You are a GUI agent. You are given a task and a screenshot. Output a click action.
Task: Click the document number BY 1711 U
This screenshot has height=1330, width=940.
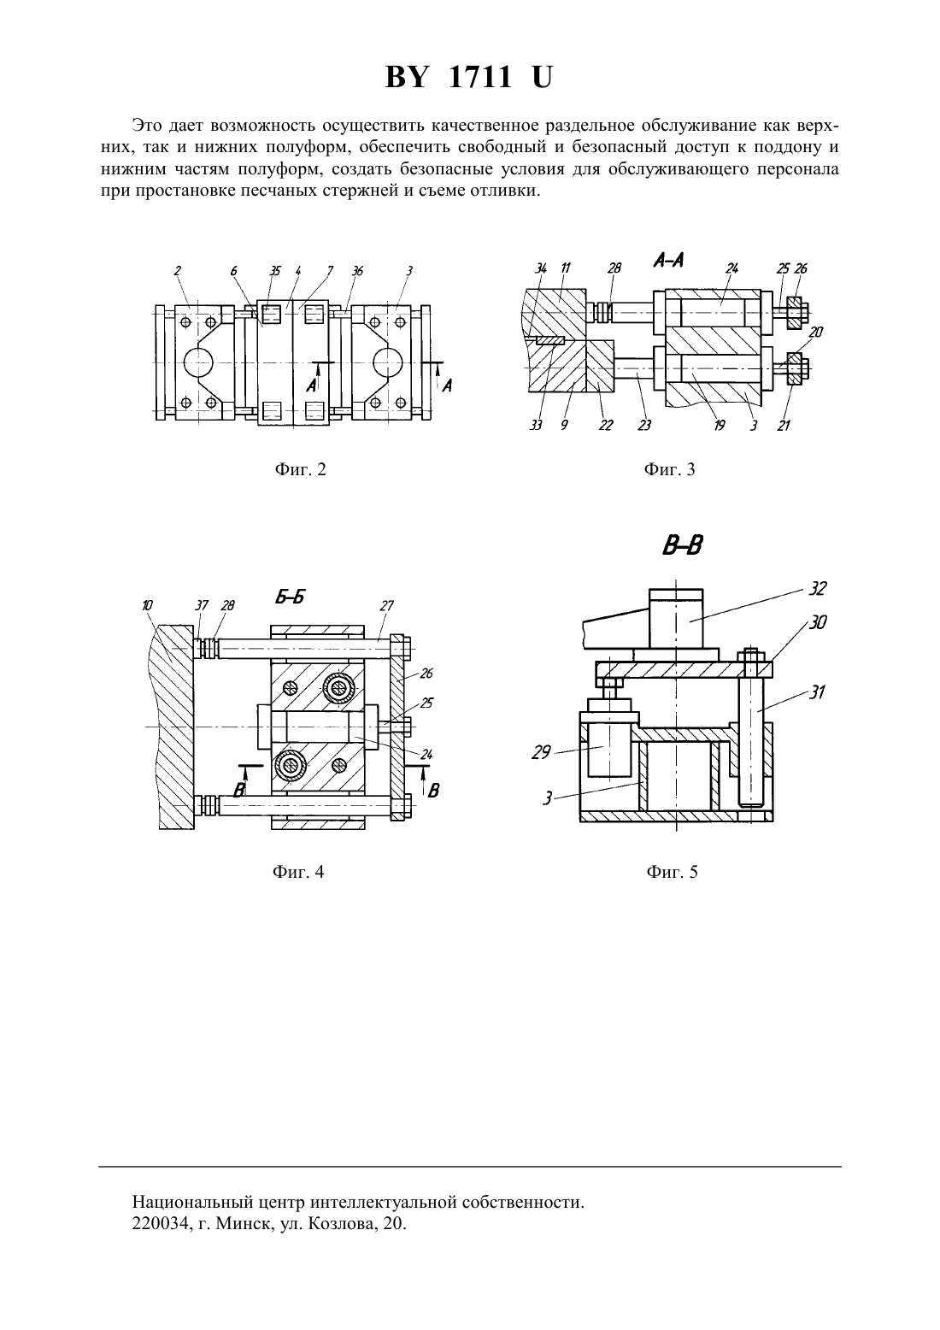(469, 78)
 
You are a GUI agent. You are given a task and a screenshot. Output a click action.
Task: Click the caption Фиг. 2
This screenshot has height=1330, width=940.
(300, 469)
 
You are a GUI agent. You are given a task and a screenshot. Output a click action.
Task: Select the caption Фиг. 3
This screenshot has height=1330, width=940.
(669, 469)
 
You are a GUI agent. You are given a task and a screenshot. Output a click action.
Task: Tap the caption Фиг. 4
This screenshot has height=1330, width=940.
(298, 872)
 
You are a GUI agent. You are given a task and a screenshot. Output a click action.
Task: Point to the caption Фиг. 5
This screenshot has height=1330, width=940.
(673, 872)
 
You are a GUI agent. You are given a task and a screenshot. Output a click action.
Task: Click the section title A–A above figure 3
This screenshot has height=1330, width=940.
(669, 260)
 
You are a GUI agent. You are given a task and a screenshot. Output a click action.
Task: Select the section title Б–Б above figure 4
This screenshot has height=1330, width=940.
(290, 596)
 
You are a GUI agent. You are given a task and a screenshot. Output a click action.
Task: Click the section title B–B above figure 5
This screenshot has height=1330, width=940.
(683, 545)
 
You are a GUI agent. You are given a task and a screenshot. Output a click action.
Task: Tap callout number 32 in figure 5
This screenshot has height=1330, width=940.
(818, 588)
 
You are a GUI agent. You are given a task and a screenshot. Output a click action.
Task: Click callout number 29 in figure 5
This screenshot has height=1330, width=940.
(542, 754)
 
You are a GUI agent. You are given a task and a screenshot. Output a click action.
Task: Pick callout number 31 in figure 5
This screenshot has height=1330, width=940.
(817, 691)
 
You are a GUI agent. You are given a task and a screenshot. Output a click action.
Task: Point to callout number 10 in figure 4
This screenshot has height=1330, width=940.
(147, 606)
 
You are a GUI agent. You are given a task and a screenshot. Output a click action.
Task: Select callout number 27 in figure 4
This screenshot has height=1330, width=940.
(386, 606)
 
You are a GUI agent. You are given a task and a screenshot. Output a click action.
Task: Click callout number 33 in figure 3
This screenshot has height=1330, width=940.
(536, 425)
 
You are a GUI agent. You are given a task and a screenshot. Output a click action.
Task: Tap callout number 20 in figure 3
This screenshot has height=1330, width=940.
(817, 332)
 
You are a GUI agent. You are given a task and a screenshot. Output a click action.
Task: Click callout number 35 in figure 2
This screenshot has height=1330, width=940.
(275, 271)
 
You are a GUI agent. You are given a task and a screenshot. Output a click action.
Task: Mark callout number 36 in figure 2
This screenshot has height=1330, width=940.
(357, 271)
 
